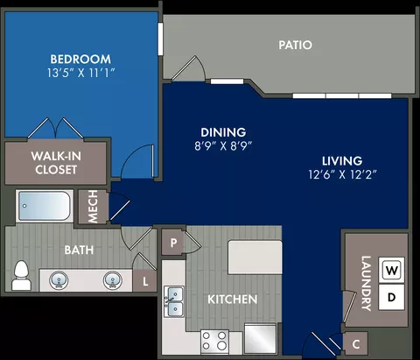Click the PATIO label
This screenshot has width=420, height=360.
[x=295, y=45]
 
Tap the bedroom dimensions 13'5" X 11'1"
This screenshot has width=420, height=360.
[x=80, y=73]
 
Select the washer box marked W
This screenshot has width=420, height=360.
[x=391, y=270]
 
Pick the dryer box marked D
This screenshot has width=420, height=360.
[x=391, y=297]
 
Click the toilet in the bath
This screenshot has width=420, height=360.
[x=21, y=276]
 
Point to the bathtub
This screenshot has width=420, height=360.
[x=44, y=206]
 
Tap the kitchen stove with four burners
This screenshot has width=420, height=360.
[x=214, y=341]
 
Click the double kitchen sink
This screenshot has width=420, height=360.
[x=174, y=301]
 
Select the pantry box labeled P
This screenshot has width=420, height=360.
[x=173, y=243]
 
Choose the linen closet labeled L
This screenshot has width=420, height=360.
[x=144, y=281]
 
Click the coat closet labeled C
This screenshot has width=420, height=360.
[x=355, y=344]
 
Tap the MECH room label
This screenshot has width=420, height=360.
[x=93, y=207]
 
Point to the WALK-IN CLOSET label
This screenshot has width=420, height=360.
[x=56, y=163]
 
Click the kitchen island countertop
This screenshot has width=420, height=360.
[x=255, y=258]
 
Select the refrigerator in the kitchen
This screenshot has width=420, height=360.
[x=260, y=338]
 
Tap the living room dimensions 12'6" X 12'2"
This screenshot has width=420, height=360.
[x=343, y=174]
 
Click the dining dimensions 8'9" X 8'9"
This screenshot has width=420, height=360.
[x=223, y=145]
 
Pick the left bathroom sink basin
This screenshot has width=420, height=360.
[x=59, y=280]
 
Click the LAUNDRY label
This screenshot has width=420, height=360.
[x=367, y=283]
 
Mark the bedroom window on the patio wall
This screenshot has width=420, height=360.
[x=160, y=39]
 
